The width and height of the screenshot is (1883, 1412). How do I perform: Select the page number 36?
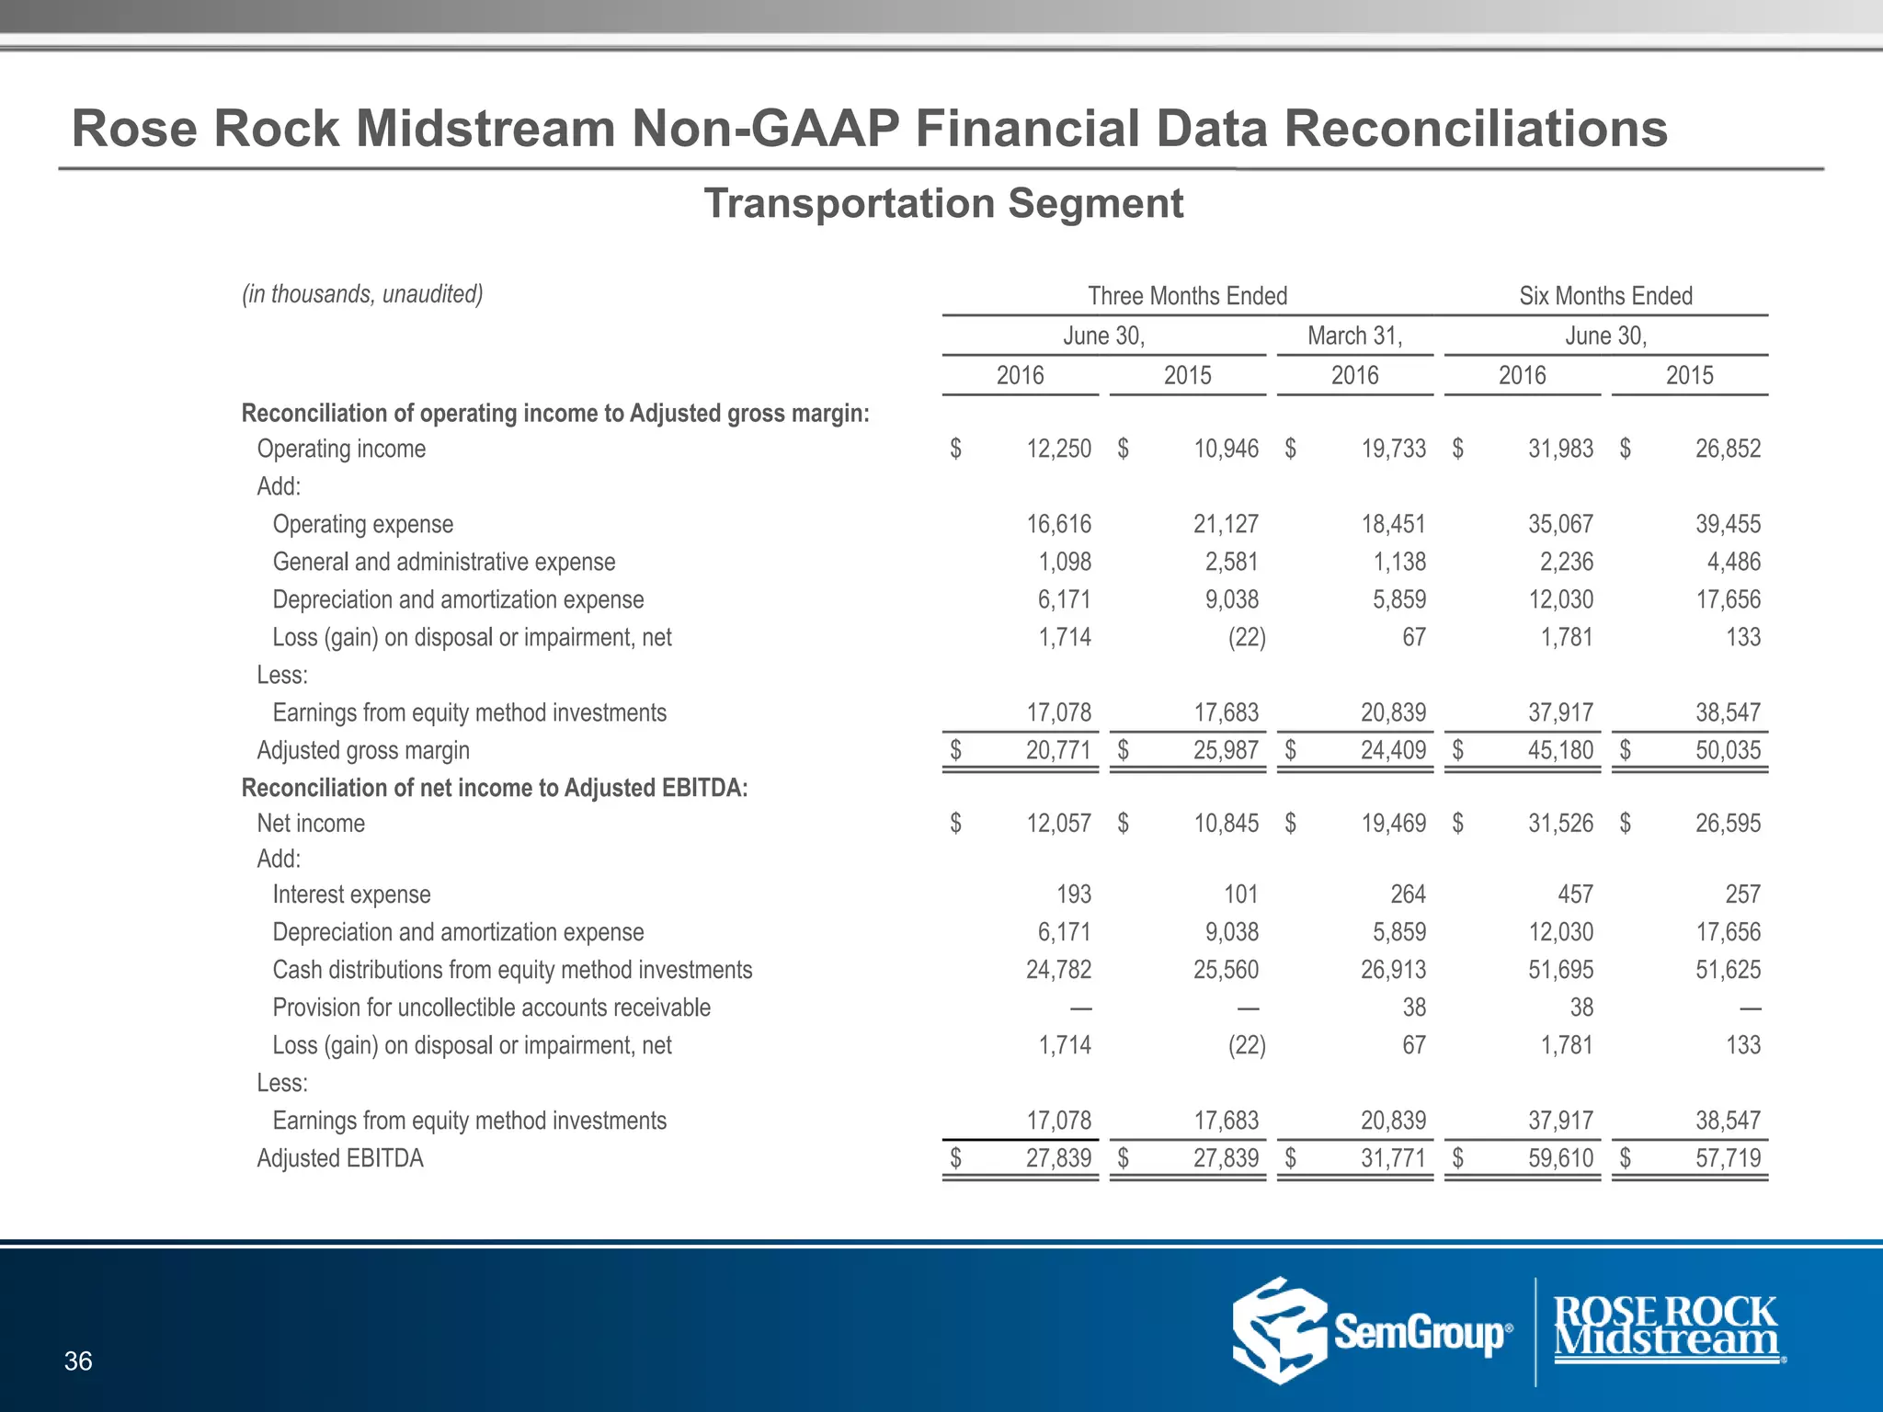point(78,1361)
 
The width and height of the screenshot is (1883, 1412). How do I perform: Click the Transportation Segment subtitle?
point(943,203)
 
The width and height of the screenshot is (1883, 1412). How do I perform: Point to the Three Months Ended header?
point(1187,296)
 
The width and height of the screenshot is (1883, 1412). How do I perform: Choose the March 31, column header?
point(1354,336)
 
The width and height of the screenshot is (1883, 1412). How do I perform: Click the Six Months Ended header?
point(1605,296)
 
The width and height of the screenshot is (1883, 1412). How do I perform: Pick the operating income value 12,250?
point(1058,449)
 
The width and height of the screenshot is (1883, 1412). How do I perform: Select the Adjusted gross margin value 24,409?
point(1393,750)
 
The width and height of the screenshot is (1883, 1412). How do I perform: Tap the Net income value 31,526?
point(1560,823)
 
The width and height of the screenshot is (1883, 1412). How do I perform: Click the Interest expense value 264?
point(1408,894)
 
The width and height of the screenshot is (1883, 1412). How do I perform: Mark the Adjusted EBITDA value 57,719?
point(1728,1158)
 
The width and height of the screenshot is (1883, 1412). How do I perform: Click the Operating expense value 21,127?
point(1226,524)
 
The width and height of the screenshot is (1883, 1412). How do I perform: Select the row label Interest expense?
point(351,894)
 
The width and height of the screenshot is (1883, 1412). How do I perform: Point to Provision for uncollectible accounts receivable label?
point(491,1008)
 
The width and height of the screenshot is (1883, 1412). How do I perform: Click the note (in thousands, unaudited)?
point(362,294)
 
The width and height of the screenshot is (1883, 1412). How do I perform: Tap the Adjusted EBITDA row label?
point(340,1158)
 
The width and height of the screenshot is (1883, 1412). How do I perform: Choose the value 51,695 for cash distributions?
point(1560,970)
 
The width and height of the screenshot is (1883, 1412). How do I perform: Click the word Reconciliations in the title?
point(1476,128)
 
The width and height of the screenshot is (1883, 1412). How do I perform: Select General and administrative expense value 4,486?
point(1728,562)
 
